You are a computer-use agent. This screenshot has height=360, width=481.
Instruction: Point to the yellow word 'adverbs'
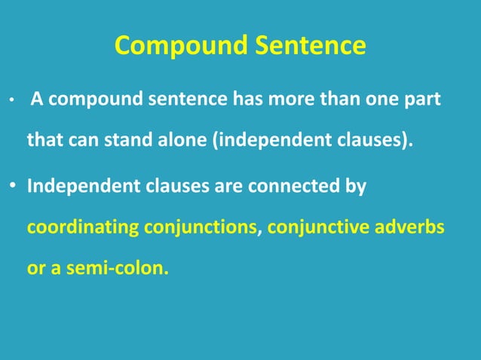tap(411, 226)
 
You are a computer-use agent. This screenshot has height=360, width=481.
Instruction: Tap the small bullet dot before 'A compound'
tap(11, 101)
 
